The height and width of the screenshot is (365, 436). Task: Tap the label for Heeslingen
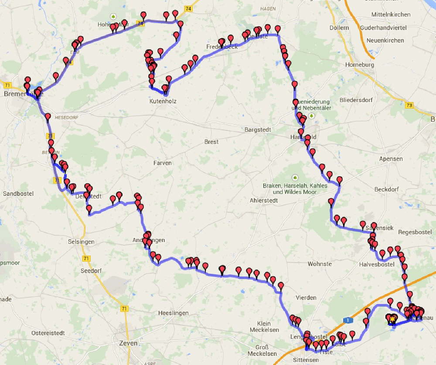(173, 313)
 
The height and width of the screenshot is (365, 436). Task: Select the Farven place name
(162, 163)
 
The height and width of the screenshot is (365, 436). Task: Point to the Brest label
(211, 142)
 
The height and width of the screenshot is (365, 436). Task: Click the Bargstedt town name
(258, 130)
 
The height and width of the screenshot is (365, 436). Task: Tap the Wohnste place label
(320, 264)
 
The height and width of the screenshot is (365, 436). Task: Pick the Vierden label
(306, 297)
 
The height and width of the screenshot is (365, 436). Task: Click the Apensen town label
(391, 159)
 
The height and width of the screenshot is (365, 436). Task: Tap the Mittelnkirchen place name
(391, 14)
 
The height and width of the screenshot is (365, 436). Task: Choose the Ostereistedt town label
(48, 333)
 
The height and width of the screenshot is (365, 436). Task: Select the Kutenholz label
(162, 101)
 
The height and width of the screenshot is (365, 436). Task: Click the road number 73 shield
(409, 105)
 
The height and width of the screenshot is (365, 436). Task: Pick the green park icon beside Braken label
(295, 177)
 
